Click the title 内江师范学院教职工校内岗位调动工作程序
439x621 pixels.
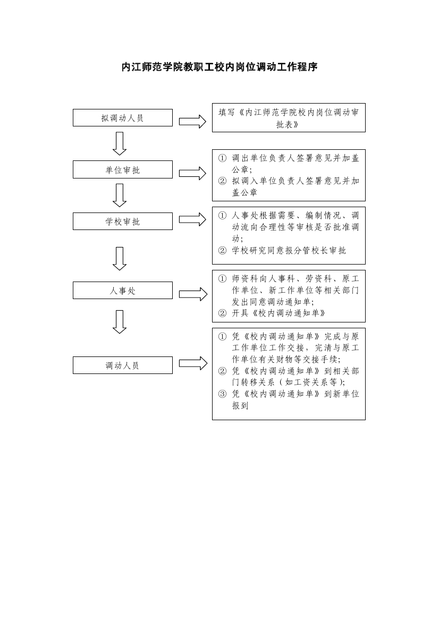[219, 67]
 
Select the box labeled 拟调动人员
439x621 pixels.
[123, 117]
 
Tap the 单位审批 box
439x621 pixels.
[123, 169]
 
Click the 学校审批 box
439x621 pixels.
[123, 221]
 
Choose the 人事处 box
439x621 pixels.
[123, 290]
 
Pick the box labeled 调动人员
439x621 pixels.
[123, 365]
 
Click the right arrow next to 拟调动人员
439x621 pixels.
[192, 122]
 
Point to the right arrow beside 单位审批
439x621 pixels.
[192, 173]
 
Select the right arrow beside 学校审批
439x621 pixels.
[192, 219]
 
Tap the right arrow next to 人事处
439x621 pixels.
[193, 294]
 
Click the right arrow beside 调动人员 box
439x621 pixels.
[193, 363]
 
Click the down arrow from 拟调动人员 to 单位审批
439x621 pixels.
[120, 143]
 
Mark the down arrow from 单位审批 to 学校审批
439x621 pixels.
[120, 195]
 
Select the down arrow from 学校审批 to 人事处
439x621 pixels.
[120, 259]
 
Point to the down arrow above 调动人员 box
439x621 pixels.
[120, 321]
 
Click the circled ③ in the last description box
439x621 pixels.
[222, 394]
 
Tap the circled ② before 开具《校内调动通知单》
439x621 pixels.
[222, 313]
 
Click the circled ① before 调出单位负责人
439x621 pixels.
[222, 158]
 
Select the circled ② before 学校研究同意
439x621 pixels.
[222, 250]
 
